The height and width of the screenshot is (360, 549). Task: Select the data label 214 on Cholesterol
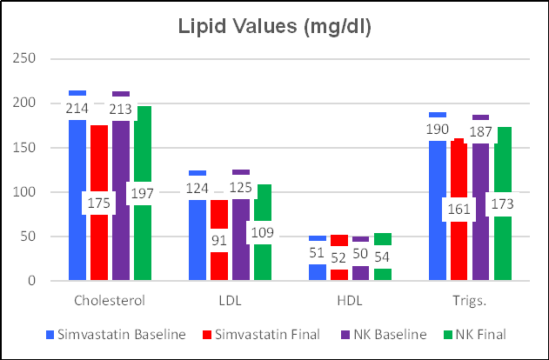77,109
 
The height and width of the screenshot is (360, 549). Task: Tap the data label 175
99,203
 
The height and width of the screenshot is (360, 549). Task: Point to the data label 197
142,192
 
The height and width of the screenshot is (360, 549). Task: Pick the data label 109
262,232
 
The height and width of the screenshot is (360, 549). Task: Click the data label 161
459,209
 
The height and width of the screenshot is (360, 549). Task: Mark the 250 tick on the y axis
28,58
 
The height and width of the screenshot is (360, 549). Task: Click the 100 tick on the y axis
28,192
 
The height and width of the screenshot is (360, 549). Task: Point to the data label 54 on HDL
381,257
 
